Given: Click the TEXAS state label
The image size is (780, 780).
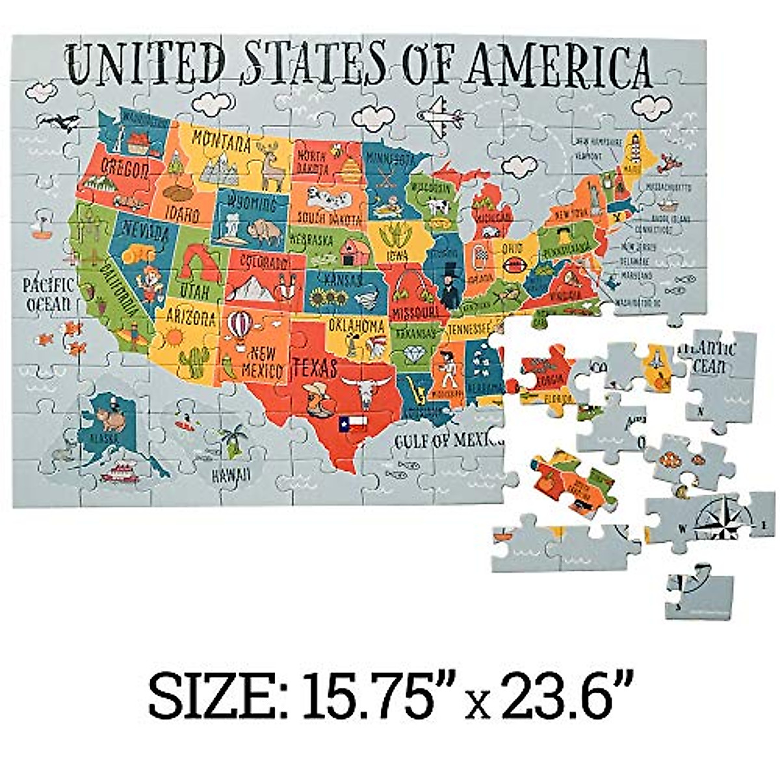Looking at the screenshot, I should tap(315, 368).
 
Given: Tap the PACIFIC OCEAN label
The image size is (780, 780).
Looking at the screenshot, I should tap(47, 294).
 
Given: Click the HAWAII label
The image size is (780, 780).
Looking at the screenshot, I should tap(230, 475).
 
